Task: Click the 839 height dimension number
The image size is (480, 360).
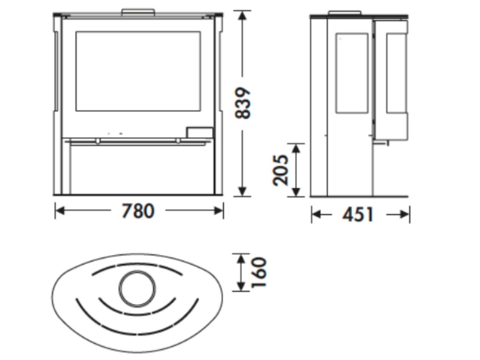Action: tap(242, 103)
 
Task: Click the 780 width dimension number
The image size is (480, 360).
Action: tap(138, 211)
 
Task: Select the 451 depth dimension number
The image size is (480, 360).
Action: tap(358, 214)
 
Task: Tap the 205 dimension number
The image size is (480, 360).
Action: tap(280, 170)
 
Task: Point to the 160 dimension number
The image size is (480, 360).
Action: tap(259, 272)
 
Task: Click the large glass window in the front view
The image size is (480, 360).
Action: tap(138, 71)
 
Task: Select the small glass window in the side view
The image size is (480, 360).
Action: tap(352, 73)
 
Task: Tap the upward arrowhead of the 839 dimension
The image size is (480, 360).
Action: tap(242, 16)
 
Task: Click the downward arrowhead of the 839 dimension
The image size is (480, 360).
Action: tap(242, 191)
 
